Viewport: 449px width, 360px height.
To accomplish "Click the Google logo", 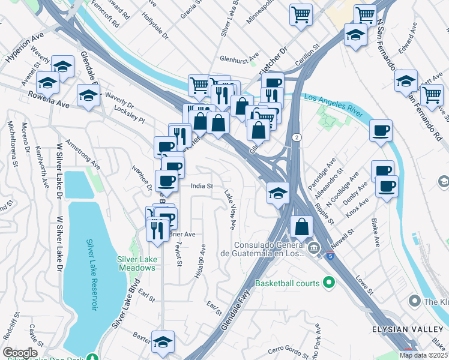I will coord(20,353).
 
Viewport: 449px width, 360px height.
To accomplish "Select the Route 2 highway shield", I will coord(297,137).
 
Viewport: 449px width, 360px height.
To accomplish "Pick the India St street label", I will coord(202,186).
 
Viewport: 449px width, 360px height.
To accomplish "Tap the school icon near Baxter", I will coord(163,341).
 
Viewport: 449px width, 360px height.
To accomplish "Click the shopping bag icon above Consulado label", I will coord(301,226).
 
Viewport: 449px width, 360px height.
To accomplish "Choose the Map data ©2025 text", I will coord(423,355).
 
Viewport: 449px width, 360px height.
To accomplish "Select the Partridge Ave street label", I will coord(323,172).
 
